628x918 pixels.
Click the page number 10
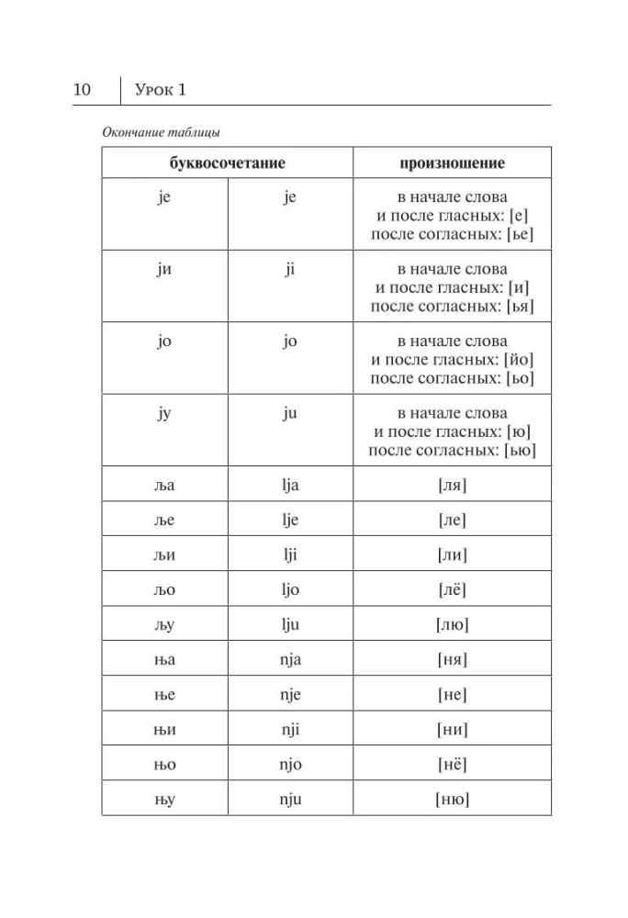81,89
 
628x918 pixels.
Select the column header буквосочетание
227,162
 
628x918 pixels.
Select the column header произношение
452,162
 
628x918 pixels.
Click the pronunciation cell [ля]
452,484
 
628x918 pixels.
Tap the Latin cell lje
290,519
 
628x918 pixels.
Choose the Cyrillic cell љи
164,554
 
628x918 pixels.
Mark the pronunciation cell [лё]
452,589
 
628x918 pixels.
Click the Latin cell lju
290,624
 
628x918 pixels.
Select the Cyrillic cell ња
164,659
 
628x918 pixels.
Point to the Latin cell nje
290,694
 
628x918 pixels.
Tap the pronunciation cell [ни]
452,729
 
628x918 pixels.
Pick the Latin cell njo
290,764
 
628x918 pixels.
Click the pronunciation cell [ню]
452,799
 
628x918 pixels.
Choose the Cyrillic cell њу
164,799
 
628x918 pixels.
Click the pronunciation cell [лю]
452,624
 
